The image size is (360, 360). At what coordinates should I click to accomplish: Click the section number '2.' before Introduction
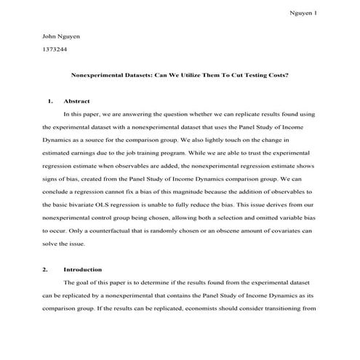[46, 270]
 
